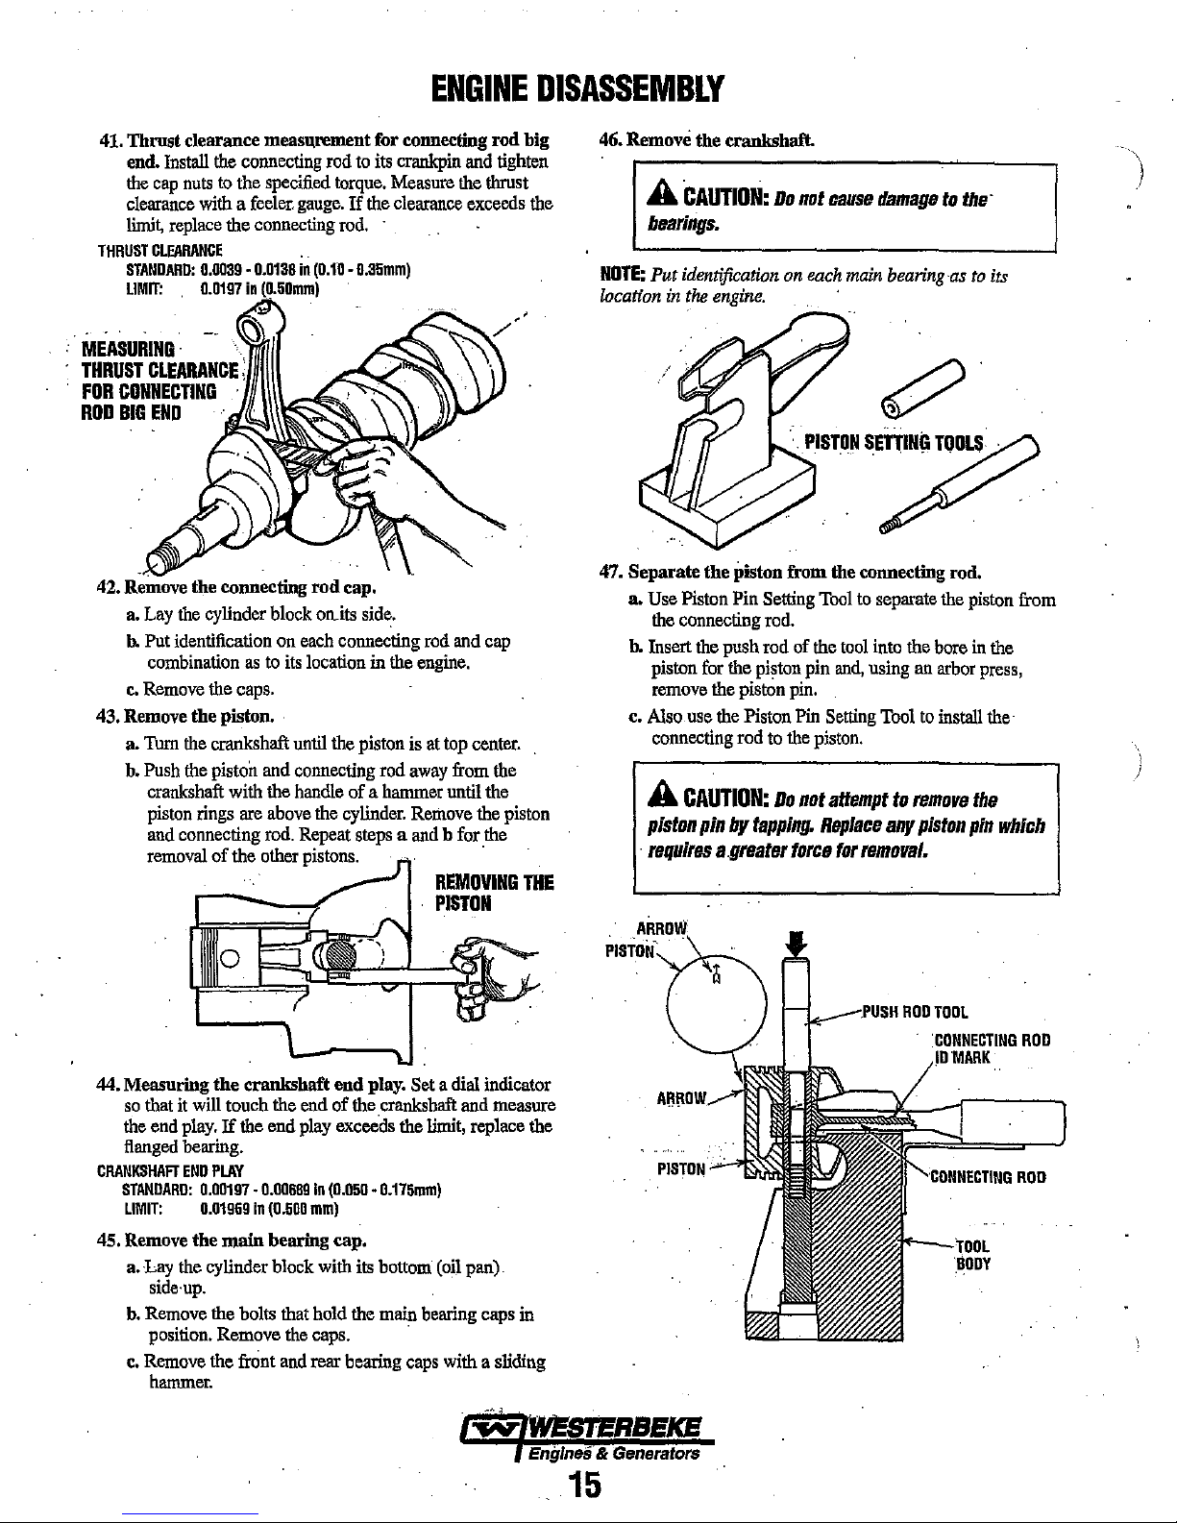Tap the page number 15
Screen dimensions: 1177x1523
582,1484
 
